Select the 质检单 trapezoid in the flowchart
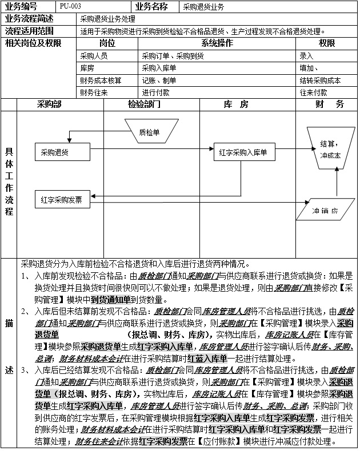coord(149,132)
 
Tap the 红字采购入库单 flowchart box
coord(243,152)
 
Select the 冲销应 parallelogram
coord(325,211)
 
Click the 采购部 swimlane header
coord(49,104)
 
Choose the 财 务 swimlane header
coord(329,104)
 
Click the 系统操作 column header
coord(217,43)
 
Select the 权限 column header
coord(327,43)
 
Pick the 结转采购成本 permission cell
coord(320,80)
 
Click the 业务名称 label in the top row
coord(153,7)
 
